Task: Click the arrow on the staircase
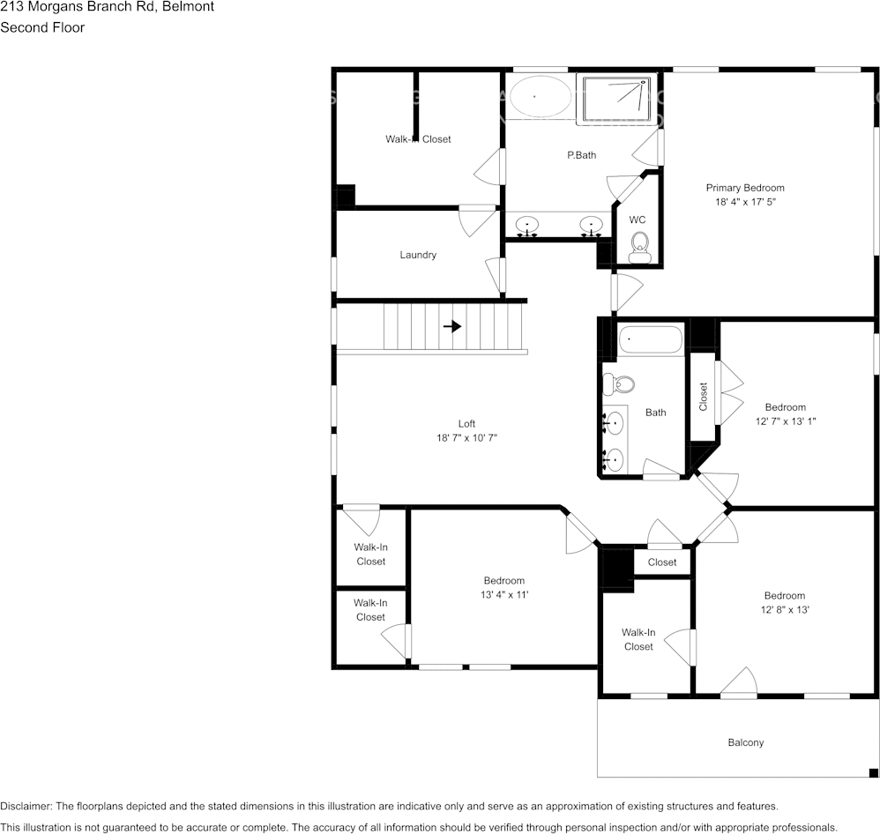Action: tap(452, 326)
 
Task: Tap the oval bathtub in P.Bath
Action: tap(539, 96)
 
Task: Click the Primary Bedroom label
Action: tap(745, 188)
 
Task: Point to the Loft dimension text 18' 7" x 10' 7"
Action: tap(466, 438)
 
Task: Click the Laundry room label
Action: tap(418, 255)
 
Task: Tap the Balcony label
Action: tap(746, 742)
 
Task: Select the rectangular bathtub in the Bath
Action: tap(651, 339)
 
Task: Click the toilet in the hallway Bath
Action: tap(618, 384)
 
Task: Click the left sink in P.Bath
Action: tap(527, 226)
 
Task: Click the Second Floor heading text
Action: tap(42, 27)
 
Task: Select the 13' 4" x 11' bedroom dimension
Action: tap(503, 595)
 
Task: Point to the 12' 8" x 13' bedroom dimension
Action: tap(785, 610)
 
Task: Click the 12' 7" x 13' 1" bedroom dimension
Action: tap(785, 421)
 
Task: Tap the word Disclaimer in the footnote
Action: tap(26, 807)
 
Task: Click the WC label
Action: tap(638, 220)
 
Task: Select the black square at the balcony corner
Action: tap(873, 772)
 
